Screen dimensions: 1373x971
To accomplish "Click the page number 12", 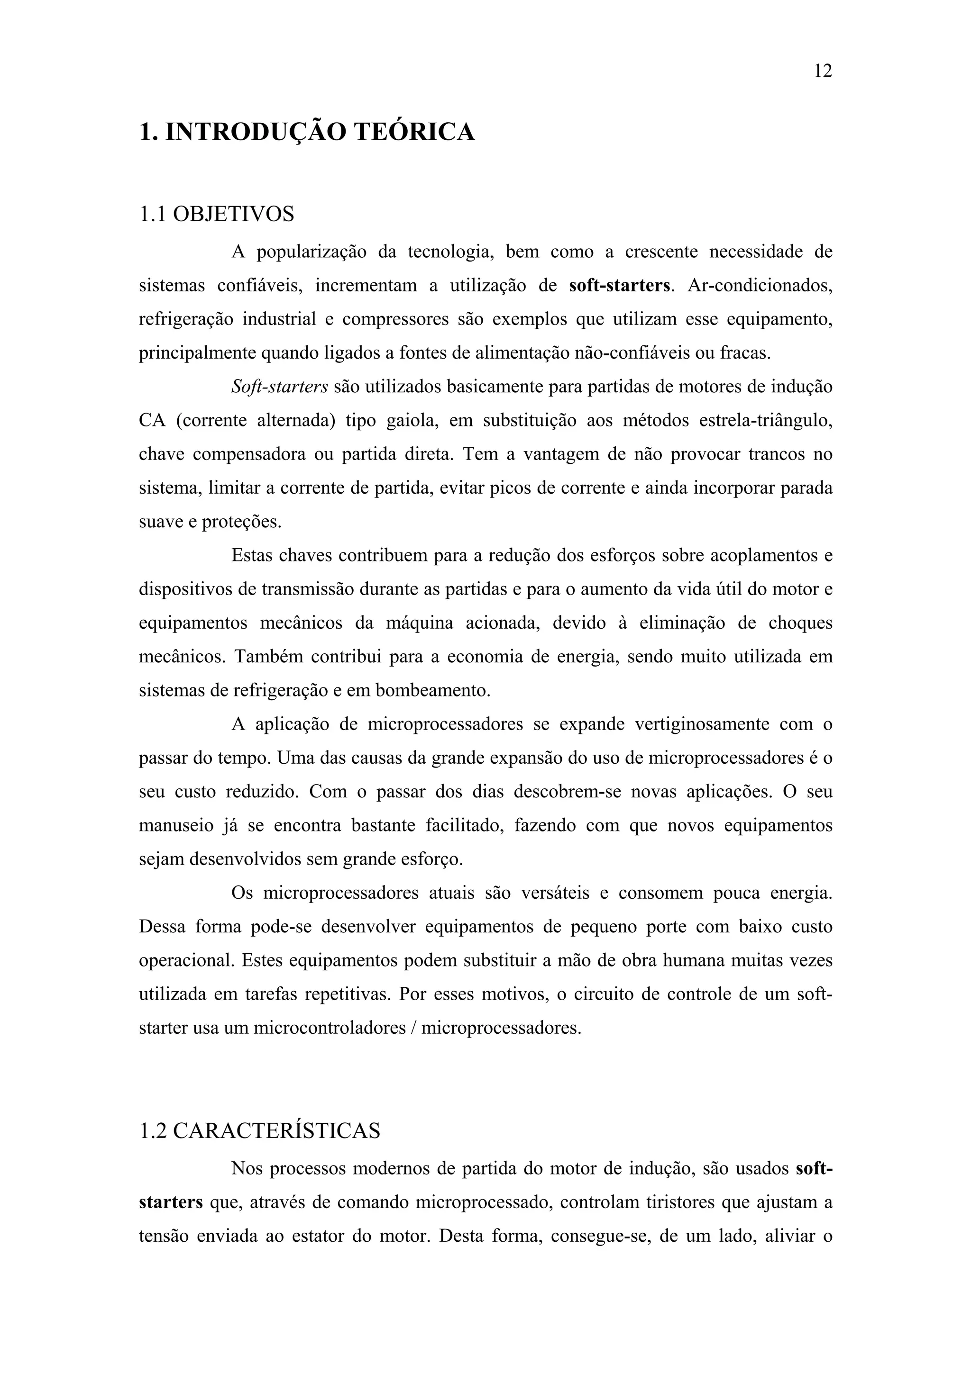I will (823, 71).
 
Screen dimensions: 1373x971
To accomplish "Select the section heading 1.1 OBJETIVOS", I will (217, 214).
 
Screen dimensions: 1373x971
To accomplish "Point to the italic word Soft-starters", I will (279, 387).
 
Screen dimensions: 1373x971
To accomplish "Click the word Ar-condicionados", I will (760, 285).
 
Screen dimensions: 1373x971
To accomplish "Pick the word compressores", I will (395, 319).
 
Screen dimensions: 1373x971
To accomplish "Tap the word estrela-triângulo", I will (765, 420).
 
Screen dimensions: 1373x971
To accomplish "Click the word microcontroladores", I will (330, 1029).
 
